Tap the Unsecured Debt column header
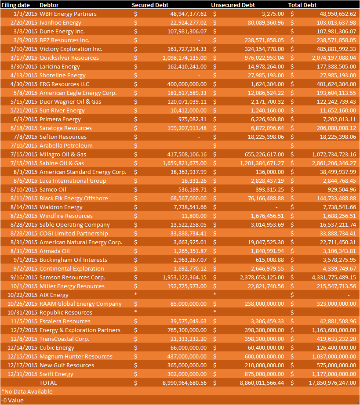[233, 5]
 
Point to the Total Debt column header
[302, 5]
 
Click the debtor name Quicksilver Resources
[69, 58]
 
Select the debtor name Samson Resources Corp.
[72, 277]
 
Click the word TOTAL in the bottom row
[48, 383]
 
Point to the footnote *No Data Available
[27, 391]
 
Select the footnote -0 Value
[13, 400]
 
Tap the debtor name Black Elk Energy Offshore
[73, 198]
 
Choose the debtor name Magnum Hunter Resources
[76, 356]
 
